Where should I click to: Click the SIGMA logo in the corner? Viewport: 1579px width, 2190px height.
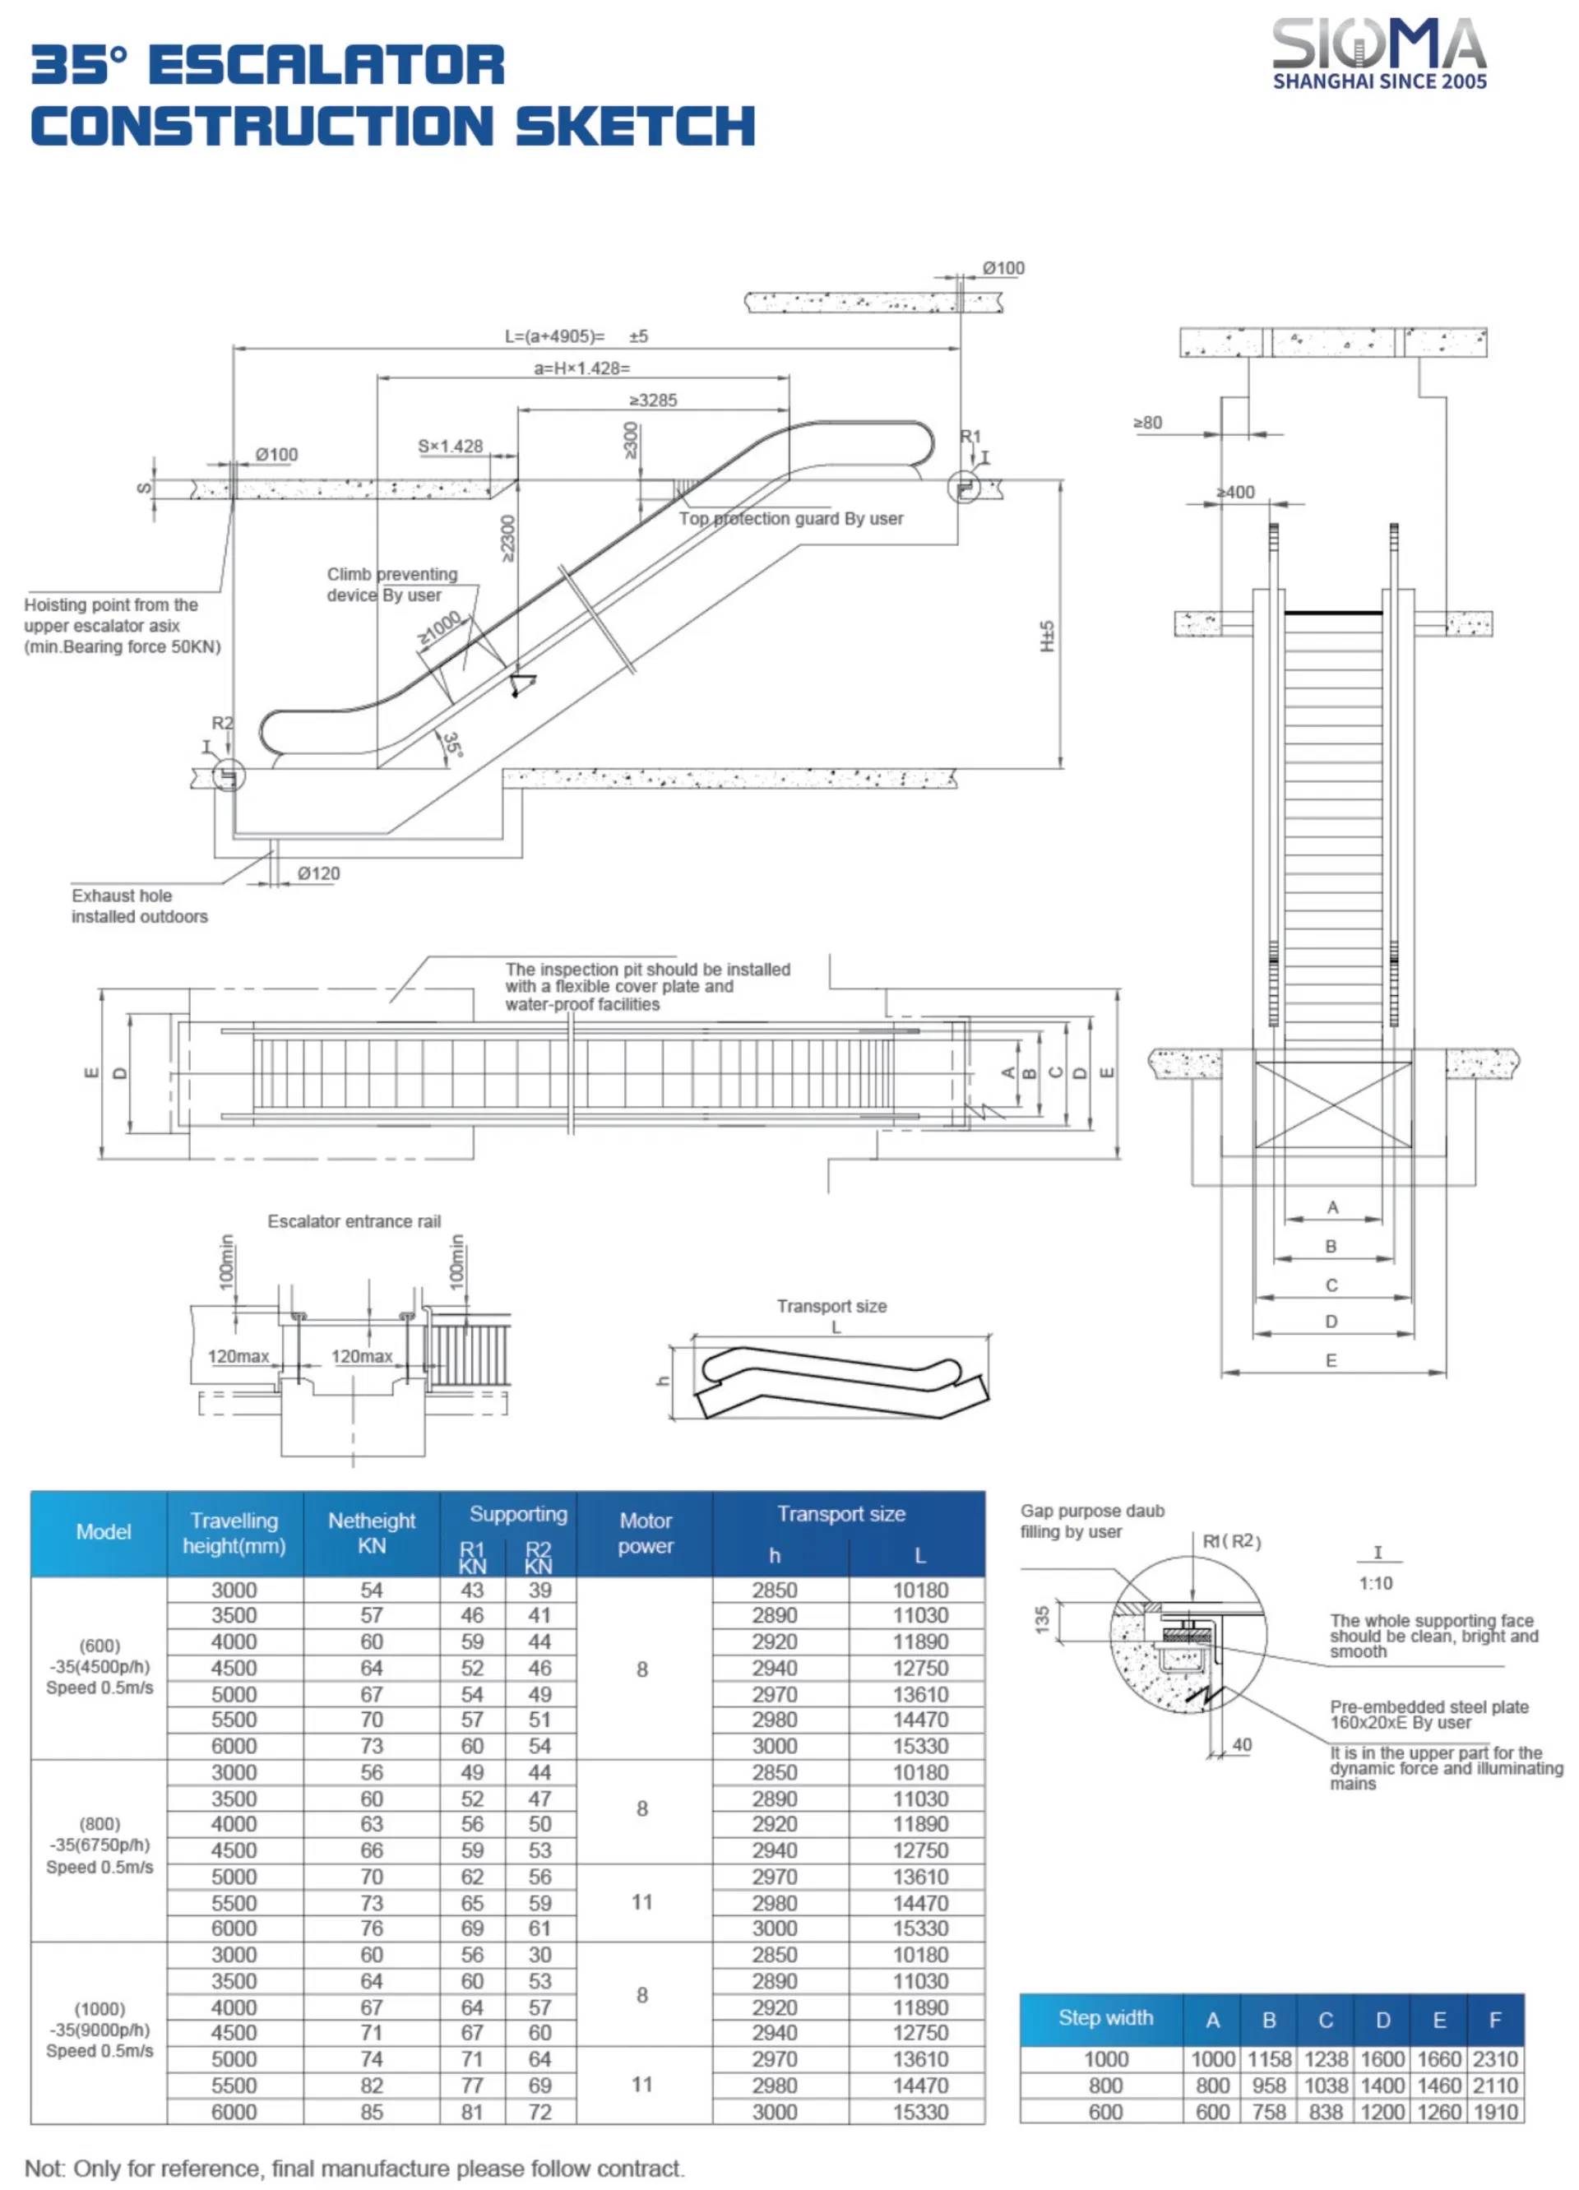point(1378,54)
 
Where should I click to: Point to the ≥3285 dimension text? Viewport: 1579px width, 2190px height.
point(653,400)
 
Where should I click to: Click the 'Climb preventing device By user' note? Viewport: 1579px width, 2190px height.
point(391,584)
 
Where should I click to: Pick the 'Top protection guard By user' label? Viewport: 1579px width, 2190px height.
point(790,519)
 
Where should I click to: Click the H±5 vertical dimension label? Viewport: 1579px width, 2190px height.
point(1047,636)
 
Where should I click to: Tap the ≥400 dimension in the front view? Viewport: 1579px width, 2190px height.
point(1235,492)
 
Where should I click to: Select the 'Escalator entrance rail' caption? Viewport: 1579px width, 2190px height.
point(354,1221)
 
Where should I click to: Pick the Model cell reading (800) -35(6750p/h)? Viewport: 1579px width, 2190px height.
point(100,1845)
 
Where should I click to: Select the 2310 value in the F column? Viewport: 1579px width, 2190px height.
point(1494,2058)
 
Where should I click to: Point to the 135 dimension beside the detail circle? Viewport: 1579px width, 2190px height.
point(1041,1619)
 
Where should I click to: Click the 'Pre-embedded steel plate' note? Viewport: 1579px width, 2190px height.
point(1429,1714)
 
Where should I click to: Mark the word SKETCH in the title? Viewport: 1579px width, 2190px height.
point(635,127)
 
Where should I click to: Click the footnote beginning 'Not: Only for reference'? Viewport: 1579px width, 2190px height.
point(354,2168)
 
